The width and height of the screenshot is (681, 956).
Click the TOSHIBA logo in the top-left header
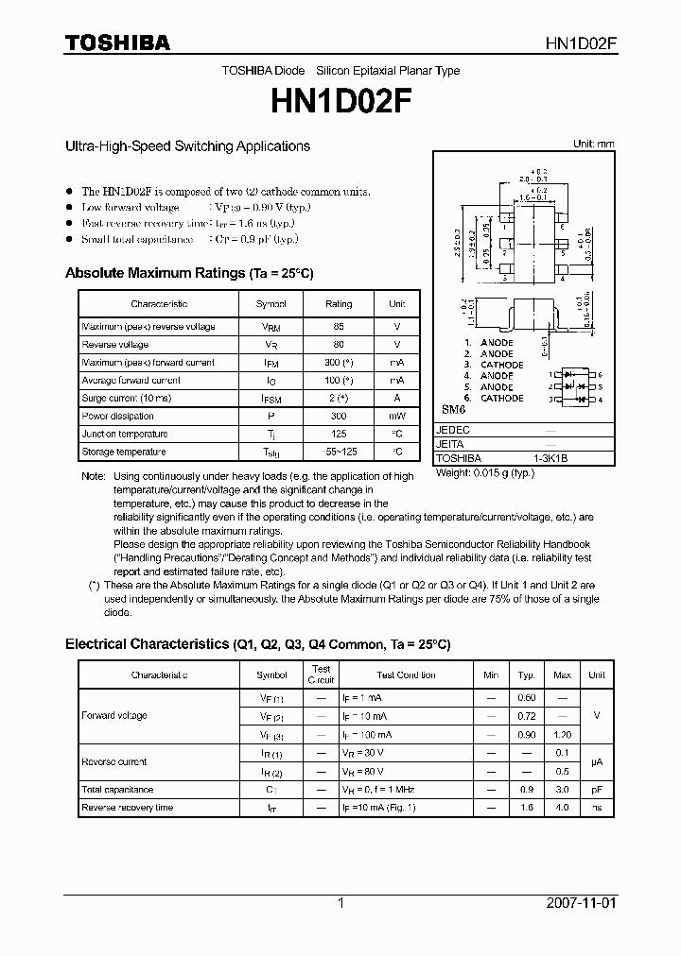pos(117,43)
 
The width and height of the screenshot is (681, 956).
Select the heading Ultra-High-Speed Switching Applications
pos(187,146)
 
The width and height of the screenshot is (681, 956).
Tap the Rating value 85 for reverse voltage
pos(339,327)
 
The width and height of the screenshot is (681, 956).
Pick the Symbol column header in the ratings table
pos(271,304)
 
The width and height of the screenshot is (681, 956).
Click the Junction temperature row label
pos(125,435)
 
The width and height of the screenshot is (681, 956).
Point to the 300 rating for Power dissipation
pos(339,417)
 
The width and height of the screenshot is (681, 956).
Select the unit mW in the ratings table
pos(397,417)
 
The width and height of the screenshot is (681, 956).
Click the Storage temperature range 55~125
pos(339,452)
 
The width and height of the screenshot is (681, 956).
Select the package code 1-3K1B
pos(550,458)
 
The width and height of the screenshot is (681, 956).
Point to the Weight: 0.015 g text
pos(485,472)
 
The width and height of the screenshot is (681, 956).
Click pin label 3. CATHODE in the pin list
pos(494,365)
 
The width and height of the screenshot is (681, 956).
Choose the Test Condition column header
pos(406,675)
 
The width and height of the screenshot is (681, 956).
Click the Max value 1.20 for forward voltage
pos(562,734)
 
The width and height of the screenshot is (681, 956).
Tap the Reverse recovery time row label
pos(128,808)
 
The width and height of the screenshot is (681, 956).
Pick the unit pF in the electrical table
pos(596,789)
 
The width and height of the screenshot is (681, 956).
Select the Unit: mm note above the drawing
pos(594,144)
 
